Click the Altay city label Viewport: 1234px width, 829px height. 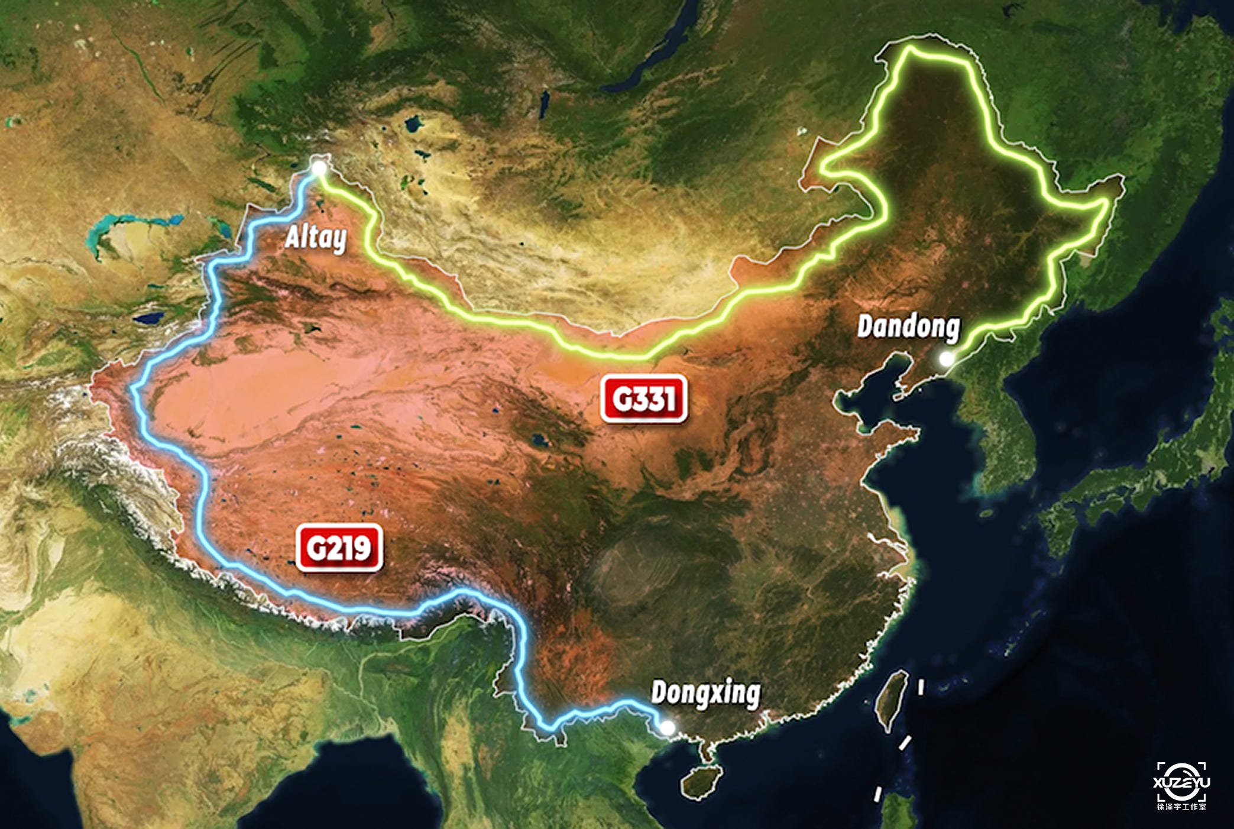click(x=316, y=238)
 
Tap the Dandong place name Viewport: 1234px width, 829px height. click(x=908, y=327)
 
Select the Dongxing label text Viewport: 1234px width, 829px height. click(x=705, y=693)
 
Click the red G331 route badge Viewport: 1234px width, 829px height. click(x=644, y=399)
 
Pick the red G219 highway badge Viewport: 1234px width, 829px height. click(x=339, y=548)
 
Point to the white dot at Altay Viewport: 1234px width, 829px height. click(x=319, y=169)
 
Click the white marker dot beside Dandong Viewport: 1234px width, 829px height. click(x=946, y=358)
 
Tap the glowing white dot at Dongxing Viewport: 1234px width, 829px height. click(x=667, y=728)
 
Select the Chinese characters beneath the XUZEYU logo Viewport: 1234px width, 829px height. click(x=1181, y=807)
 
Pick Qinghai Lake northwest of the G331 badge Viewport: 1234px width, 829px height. click(x=538, y=440)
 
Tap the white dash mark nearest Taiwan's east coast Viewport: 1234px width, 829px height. click(x=921, y=686)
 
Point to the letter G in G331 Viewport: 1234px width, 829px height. click(x=622, y=399)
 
